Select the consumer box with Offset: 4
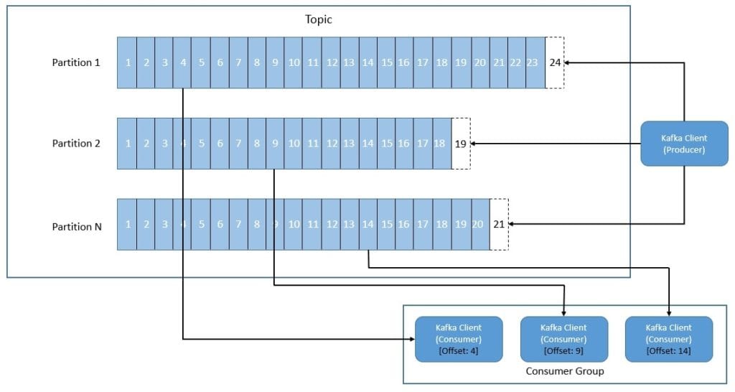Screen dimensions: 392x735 459,339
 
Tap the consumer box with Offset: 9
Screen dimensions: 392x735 563,339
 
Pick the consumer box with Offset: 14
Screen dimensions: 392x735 669,339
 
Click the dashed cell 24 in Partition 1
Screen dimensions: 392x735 555,62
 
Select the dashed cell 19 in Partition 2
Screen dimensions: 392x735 461,144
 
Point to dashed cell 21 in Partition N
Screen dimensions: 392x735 499,224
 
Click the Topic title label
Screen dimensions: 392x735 319,19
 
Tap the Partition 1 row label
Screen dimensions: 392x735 76,62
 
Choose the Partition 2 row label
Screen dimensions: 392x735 76,144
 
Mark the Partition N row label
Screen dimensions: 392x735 76,227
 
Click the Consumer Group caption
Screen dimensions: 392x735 565,371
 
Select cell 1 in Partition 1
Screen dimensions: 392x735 127,62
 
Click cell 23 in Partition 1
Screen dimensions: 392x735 532,62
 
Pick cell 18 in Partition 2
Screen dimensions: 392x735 439,144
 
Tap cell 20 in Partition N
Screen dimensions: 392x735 479,224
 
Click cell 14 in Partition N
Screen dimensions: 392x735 367,224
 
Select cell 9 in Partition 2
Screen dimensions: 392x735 275,144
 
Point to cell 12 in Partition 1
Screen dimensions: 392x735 331,62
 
